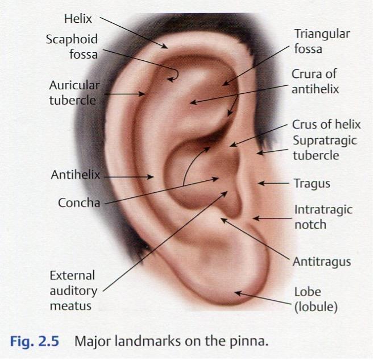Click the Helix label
(78, 19)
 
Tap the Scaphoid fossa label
(72, 47)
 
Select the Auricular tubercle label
(74, 93)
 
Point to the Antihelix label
(76, 175)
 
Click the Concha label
(79, 202)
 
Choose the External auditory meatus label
(73, 291)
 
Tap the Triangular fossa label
(322, 41)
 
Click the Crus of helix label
(326, 125)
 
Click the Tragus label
(312, 184)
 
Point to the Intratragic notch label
(323, 217)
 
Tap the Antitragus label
(322, 262)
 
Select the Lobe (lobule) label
(316, 300)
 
